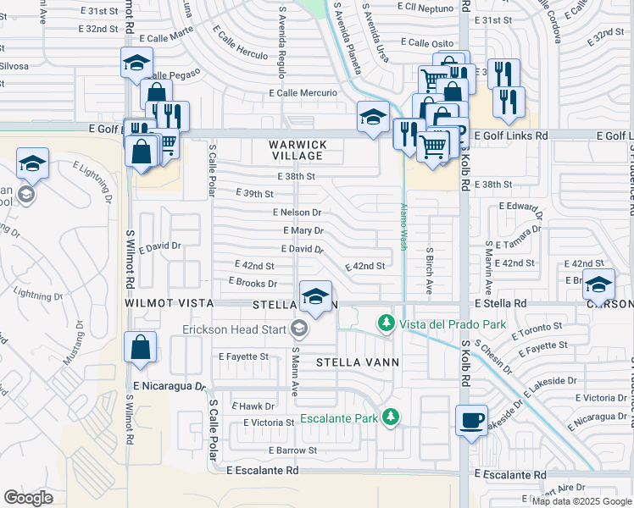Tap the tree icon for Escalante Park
[x=390, y=417]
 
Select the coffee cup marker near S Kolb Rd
[x=470, y=419]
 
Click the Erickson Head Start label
[x=234, y=329]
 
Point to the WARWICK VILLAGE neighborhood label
[x=297, y=151]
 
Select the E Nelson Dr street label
[x=297, y=213]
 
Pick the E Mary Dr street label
[x=303, y=230]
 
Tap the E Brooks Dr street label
[x=253, y=283]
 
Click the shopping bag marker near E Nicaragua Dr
[x=140, y=347]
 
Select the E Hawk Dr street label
[x=253, y=406]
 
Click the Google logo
[x=28, y=498]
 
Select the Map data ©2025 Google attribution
[x=581, y=500]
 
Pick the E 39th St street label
[x=253, y=194]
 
